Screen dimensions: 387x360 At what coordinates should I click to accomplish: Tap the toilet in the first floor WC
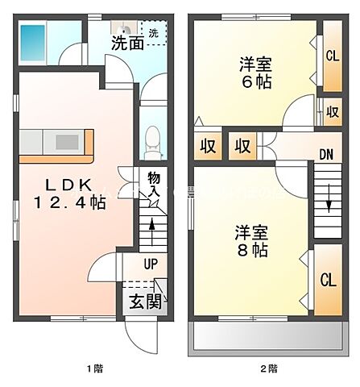pyautogui.click(x=150, y=144)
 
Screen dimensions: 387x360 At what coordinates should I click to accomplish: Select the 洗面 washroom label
pyautogui.click(x=127, y=43)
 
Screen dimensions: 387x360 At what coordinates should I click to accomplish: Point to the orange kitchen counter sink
pyautogui.click(x=66, y=142)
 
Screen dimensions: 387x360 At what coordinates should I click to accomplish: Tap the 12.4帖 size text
pyautogui.click(x=70, y=204)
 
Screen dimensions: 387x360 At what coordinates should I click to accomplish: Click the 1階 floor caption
pyautogui.click(x=95, y=369)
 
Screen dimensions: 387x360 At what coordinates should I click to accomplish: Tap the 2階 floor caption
pyautogui.click(x=268, y=369)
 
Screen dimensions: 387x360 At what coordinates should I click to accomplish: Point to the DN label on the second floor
pyautogui.click(x=325, y=155)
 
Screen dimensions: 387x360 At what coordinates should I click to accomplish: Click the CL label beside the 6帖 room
pyautogui.click(x=332, y=56)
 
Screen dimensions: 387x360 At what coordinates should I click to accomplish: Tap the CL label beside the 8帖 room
pyautogui.click(x=327, y=281)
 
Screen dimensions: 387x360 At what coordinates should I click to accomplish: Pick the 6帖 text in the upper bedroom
pyautogui.click(x=254, y=81)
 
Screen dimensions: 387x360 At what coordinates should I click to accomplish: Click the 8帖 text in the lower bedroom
pyautogui.click(x=251, y=250)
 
